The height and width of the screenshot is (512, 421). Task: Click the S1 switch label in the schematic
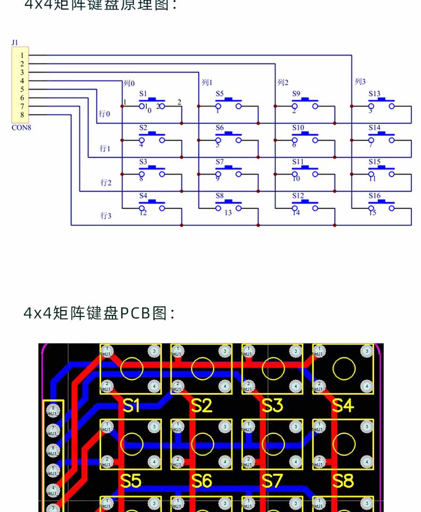[143, 94]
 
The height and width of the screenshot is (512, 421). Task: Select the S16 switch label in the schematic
[374, 196]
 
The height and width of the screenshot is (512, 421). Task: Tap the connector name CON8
[21, 128]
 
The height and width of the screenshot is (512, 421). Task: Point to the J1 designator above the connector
[14, 42]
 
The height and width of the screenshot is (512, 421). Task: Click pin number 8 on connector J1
[22, 115]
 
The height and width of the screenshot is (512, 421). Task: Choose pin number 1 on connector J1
[22, 55]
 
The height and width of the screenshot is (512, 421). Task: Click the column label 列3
[360, 82]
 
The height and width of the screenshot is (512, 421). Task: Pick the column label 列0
[129, 83]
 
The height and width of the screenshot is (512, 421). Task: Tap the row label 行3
[106, 216]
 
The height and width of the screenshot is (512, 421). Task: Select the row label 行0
[105, 113]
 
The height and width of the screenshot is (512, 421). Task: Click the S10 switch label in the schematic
[298, 128]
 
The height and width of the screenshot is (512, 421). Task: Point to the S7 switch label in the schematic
[220, 161]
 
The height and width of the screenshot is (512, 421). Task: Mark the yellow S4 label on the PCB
[343, 406]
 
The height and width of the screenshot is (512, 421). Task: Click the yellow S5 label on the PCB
[131, 481]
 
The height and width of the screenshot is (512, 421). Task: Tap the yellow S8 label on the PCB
[343, 481]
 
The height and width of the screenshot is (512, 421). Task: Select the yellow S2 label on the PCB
[201, 406]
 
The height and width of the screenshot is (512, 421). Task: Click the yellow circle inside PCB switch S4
[344, 369]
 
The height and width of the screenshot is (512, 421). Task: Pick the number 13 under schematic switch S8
[228, 213]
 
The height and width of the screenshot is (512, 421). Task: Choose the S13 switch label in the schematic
[374, 94]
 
